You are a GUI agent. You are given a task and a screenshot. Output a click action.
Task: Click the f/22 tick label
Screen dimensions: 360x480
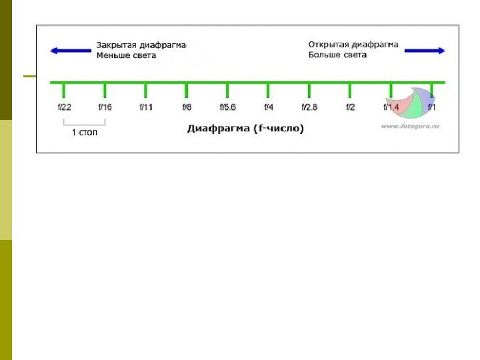[65, 107]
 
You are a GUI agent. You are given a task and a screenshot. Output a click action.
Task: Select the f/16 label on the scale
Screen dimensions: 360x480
[105, 107]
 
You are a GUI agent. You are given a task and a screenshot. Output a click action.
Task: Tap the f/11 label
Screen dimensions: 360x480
[146, 107]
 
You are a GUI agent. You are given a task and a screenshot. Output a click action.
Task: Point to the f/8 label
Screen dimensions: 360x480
[187, 107]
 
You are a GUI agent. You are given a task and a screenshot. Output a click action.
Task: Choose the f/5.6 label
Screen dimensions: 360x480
[228, 107]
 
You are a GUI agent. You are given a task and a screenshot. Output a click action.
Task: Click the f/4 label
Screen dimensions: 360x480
[269, 107]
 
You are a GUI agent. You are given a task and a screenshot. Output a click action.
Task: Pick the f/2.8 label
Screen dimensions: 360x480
[309, 107]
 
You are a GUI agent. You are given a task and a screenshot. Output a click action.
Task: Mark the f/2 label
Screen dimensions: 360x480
[351, 107]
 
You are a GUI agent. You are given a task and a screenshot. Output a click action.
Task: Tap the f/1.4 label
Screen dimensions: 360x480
[391, 107]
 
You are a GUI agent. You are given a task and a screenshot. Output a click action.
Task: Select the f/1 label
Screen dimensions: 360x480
[432, 107]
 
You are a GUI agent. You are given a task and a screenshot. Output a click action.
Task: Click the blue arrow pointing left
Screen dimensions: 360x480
[71, 50]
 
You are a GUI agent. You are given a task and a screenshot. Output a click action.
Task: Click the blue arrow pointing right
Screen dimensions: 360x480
[425, 50]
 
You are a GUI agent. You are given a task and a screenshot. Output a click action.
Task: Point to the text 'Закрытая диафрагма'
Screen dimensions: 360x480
[141, 45]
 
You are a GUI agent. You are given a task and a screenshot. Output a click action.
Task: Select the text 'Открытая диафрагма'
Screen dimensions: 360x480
[353, 45]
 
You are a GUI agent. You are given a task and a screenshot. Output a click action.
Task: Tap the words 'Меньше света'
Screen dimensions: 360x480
[126, 55]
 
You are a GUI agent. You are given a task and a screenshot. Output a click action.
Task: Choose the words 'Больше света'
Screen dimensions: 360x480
[337, 55]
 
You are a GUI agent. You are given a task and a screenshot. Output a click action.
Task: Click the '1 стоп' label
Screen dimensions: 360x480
[85, 133]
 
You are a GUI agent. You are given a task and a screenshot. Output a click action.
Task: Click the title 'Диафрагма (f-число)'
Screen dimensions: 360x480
[245, 129]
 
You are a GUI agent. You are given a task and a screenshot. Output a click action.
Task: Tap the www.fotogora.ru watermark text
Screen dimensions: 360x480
[410, 125]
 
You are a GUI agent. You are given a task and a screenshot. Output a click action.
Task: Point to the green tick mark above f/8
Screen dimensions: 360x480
[187, 91]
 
